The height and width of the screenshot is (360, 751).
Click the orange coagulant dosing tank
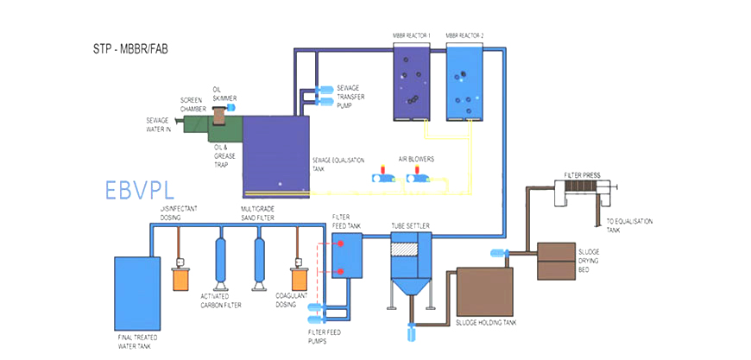click(299, 278)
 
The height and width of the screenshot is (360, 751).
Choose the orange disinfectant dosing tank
click(180, 278)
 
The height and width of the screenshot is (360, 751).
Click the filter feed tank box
click(348, 256)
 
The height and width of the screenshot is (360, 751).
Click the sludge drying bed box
click(562, 260)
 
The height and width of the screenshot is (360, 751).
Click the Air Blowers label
click(416, 160)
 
